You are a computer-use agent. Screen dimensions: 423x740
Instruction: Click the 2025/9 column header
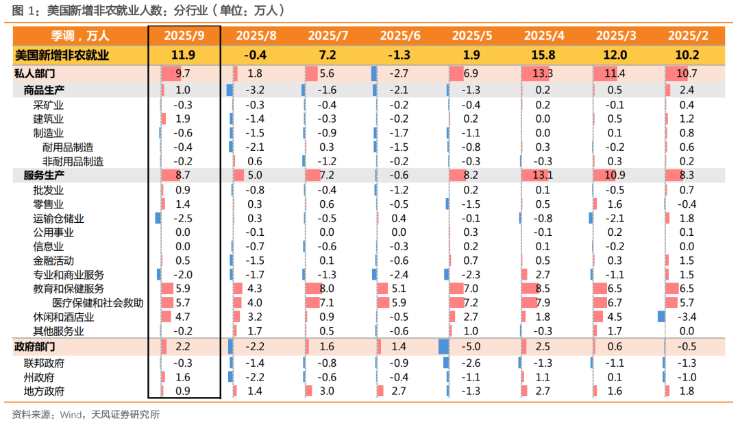[x=183, y=36]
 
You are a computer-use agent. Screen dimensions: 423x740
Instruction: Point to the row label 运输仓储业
[x=58, y=218]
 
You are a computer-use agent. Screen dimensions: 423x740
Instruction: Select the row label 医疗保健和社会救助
[x=98, y=303]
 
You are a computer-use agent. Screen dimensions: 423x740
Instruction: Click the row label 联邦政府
[x=44, y=363]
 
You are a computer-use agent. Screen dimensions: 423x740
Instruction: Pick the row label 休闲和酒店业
[x=63, y=317]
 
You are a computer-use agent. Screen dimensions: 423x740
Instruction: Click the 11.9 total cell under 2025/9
[x=183, y=56]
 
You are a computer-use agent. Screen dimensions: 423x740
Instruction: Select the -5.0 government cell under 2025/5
[x=471, y=347]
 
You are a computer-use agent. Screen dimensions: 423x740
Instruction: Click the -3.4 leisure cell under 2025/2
[x=687, y=317]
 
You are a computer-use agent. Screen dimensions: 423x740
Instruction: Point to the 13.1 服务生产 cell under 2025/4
[x=543, y=176]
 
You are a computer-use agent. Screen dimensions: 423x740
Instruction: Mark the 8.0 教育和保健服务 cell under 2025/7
[x=327, y=289]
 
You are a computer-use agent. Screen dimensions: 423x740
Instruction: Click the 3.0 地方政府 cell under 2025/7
[x=327, y=391]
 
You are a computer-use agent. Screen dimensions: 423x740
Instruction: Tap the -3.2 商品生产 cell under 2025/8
[x=255, y=90]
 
